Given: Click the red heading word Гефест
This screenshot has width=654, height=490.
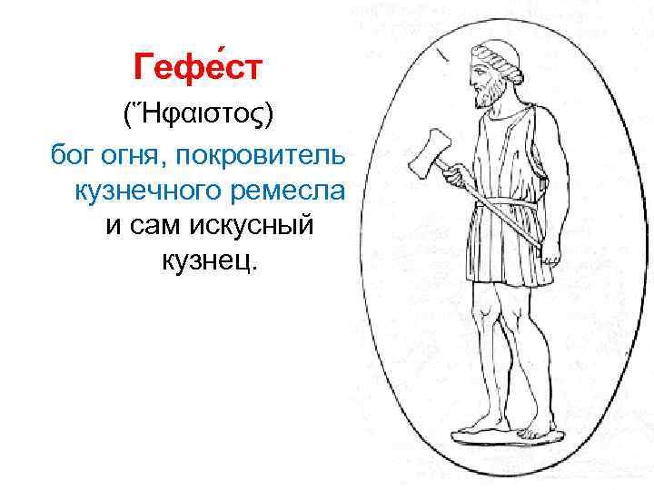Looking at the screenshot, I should [x=198, y=66].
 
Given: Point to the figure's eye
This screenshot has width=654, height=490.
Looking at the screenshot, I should [x=479, y=66].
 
